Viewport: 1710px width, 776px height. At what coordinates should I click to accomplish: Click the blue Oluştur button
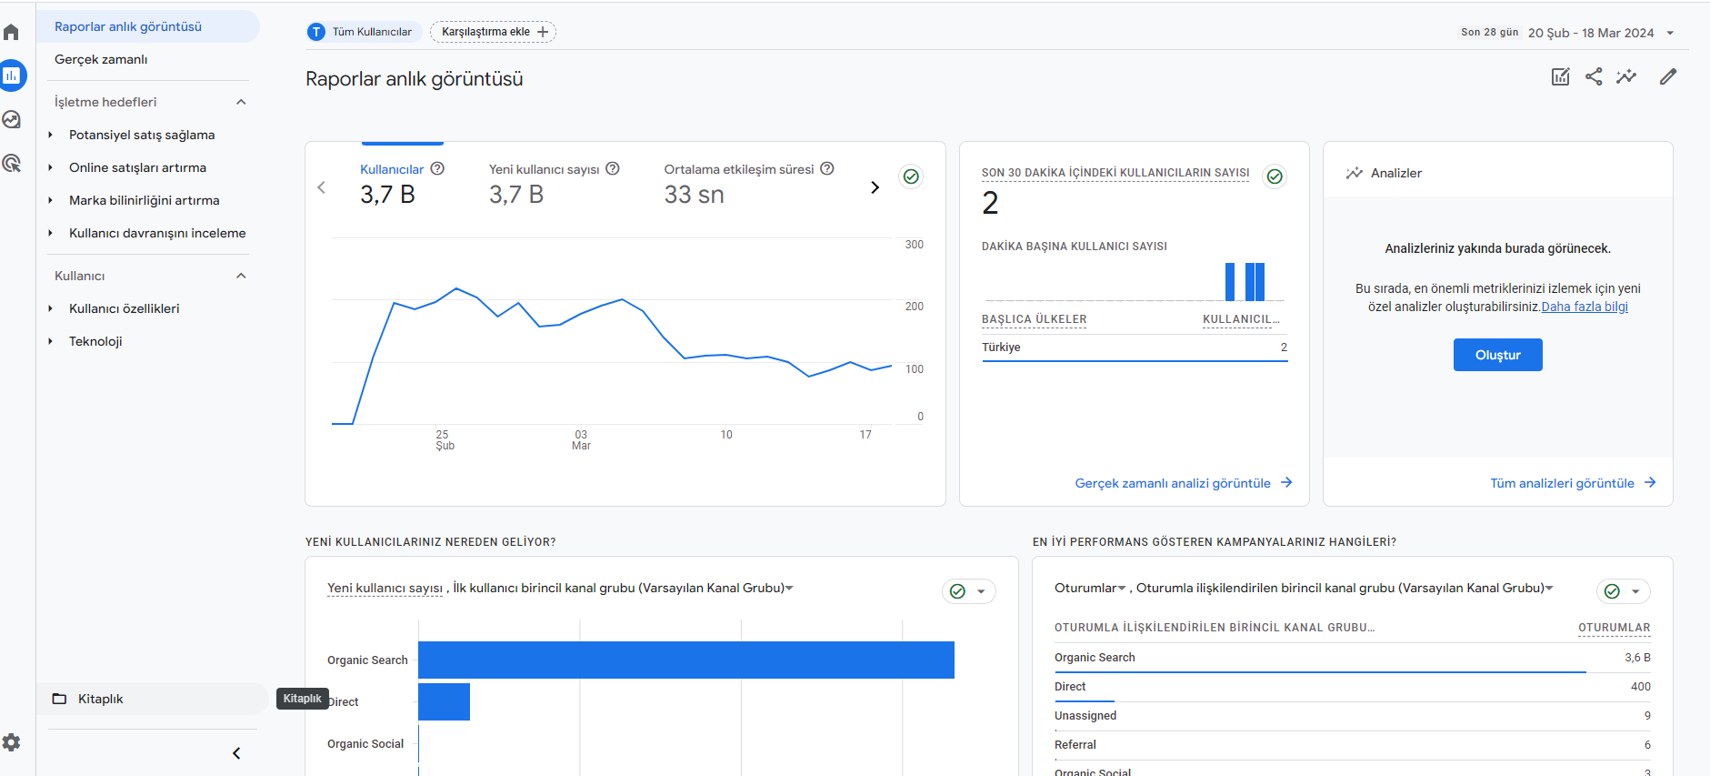[1497, 355]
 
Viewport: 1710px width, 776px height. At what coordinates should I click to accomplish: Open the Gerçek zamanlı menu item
[101, 59]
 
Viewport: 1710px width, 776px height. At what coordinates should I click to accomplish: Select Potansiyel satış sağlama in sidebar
[142, 135]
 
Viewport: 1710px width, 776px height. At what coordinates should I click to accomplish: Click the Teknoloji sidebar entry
[95, 341]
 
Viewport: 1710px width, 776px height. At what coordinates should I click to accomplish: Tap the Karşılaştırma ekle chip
[493, 32]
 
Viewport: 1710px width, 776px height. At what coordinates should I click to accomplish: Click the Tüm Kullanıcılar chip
[364, 32]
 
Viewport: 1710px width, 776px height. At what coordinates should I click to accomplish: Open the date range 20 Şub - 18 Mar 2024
[1591, 33]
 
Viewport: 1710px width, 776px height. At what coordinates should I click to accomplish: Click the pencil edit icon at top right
[1668, 76]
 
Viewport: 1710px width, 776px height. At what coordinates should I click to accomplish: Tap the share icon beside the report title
[1594, 76]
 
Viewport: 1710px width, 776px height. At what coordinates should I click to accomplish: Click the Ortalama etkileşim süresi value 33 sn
[694, 195]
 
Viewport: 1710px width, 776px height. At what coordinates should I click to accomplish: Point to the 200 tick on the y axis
[915, 307]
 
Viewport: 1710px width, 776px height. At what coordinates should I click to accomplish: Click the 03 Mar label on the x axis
[581, 440]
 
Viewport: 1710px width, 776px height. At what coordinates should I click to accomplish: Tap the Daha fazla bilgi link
[1585, 307]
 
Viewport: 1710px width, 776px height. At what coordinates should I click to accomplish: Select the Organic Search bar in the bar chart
[686, 660]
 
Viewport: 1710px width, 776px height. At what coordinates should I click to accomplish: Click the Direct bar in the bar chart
[444, 701]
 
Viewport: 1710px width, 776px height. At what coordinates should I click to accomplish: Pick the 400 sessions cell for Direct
[1640, 687]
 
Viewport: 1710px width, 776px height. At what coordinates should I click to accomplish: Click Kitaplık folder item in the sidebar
[100, 699]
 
